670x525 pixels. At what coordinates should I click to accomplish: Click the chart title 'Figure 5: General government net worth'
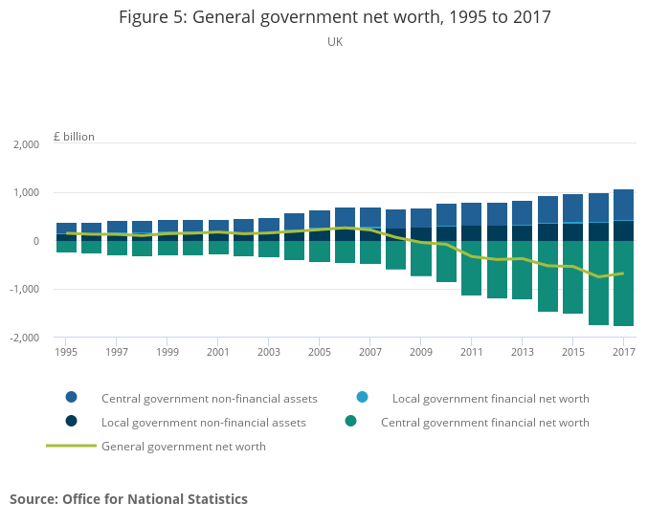tap(334, 17)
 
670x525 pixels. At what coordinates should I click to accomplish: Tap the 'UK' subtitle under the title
tap(334, 42)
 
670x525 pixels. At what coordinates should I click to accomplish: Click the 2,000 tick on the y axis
tap(25, 144)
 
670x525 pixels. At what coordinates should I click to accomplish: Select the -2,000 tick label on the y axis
tap(23, 338)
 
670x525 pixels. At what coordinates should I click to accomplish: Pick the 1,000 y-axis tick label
tap(25, 193)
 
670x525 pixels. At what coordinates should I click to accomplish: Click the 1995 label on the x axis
tap(66, 352)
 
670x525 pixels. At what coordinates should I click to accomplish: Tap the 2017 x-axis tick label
tap(623, 352)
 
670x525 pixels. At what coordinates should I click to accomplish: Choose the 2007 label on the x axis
tap(370, 352)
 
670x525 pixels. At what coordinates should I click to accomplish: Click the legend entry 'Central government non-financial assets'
tap(209, 398)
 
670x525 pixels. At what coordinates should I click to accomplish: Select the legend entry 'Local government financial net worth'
tap(490, 398)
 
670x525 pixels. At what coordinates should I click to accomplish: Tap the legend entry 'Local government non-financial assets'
tap(203, 422)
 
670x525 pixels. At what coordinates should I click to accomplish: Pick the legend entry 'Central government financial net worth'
tap(484, 422)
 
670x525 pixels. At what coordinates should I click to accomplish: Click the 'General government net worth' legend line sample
tap(71, 446)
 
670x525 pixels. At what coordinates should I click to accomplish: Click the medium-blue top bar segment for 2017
tap(623, 205)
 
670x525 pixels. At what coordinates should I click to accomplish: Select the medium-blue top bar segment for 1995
tap(66, 228)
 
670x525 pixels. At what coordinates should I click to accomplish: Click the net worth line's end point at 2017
tap(623, 273)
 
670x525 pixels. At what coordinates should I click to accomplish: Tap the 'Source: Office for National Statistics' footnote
tap(128, 499)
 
